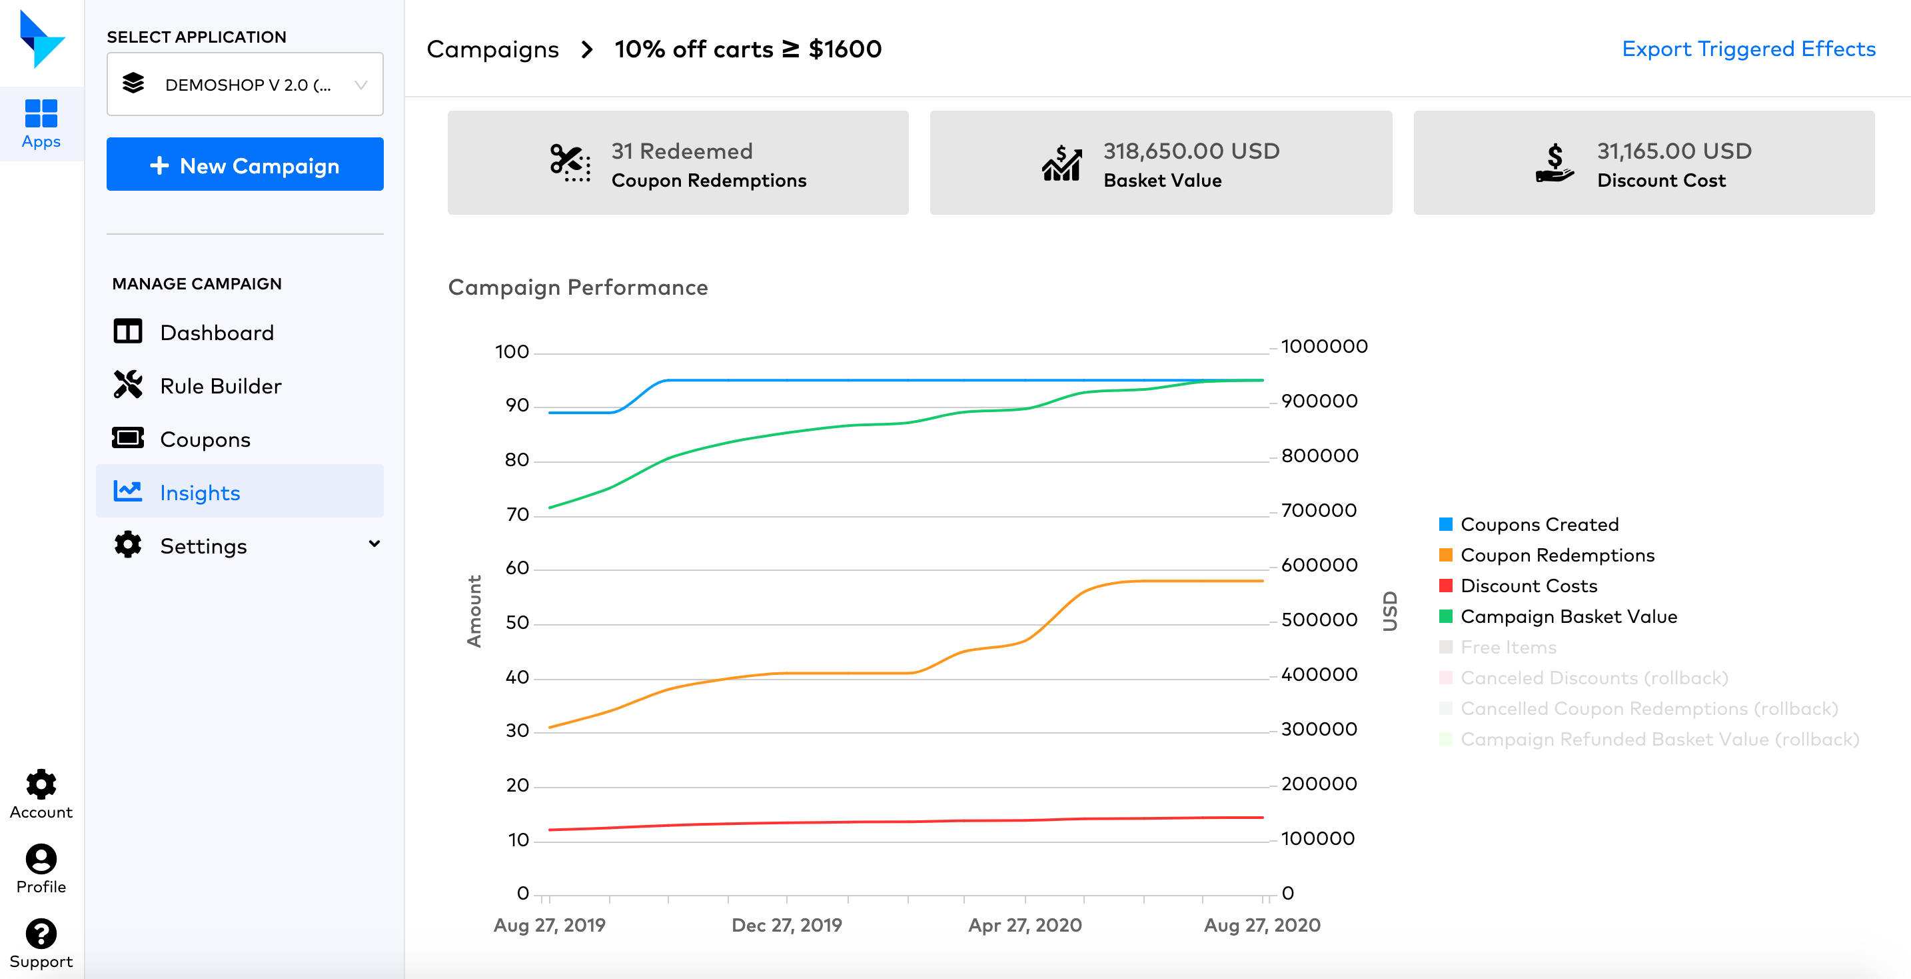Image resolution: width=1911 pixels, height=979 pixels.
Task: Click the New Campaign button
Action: [245, 165]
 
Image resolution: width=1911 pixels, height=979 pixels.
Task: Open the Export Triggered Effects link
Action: [1748, 49]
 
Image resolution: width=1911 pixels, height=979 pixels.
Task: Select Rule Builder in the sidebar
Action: [221, 386]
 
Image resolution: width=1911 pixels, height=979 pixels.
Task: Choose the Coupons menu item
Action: [205, 439]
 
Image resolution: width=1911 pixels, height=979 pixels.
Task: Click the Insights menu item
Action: [199, 493]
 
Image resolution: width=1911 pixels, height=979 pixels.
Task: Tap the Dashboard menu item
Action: [217, 333]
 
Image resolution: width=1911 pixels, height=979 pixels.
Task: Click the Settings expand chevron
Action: [374, 544]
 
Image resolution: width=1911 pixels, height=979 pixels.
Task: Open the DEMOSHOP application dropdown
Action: [245, 85]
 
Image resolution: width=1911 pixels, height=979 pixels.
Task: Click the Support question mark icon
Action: [41, 934]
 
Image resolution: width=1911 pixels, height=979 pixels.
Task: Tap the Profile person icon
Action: [41, 859]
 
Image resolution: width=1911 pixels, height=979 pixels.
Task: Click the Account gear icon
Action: [41, 784]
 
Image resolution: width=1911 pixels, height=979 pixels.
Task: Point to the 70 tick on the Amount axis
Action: [517, 514]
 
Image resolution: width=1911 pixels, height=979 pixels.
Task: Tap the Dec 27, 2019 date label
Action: [786, 926]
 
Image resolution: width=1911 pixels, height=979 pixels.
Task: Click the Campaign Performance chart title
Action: [578, 287]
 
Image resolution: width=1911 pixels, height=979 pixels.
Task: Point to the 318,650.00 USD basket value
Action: [1191, 151]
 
